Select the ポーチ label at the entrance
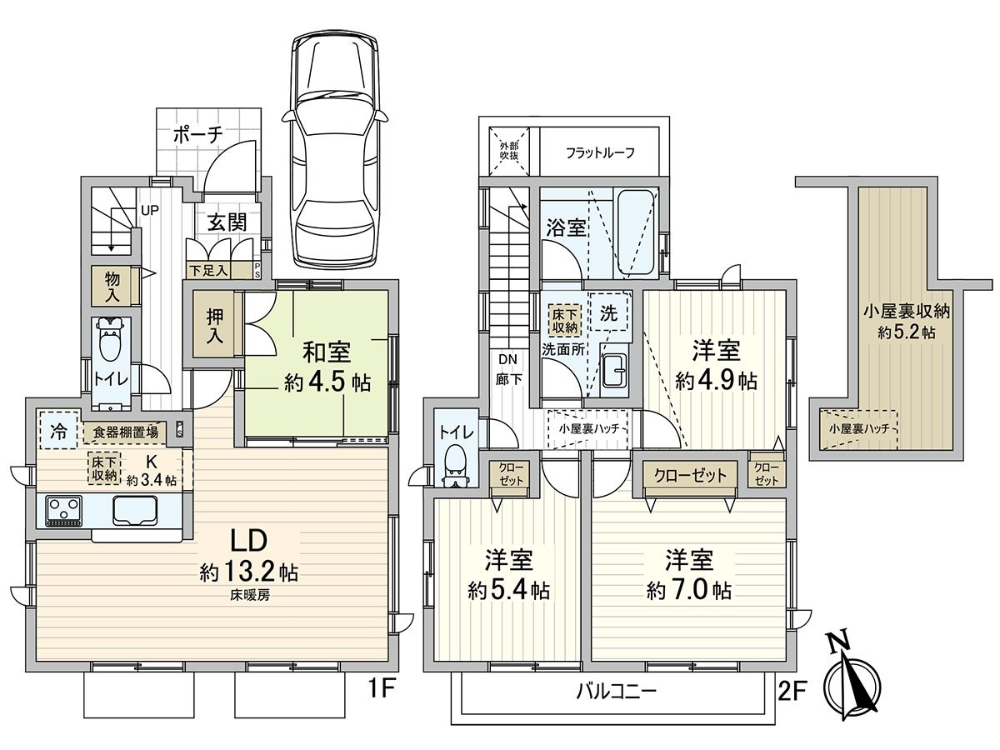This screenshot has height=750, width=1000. [x=198, y=135]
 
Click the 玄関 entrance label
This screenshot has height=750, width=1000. [x=226, y=222]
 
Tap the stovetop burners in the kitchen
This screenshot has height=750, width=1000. [x=62, y=511]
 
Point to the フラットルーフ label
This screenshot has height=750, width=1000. [x=600, y=152]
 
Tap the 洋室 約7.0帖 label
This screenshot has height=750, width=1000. [x=689, y=575]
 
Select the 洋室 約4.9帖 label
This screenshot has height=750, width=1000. [x=716, y=365]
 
